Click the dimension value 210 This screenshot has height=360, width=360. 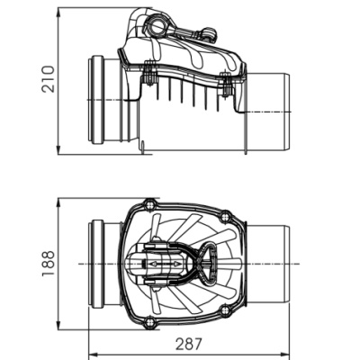point(49,79)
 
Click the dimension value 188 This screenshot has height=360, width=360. point(49,264)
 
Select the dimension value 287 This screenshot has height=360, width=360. point(189,344)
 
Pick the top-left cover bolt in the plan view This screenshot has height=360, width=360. point(149,205)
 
